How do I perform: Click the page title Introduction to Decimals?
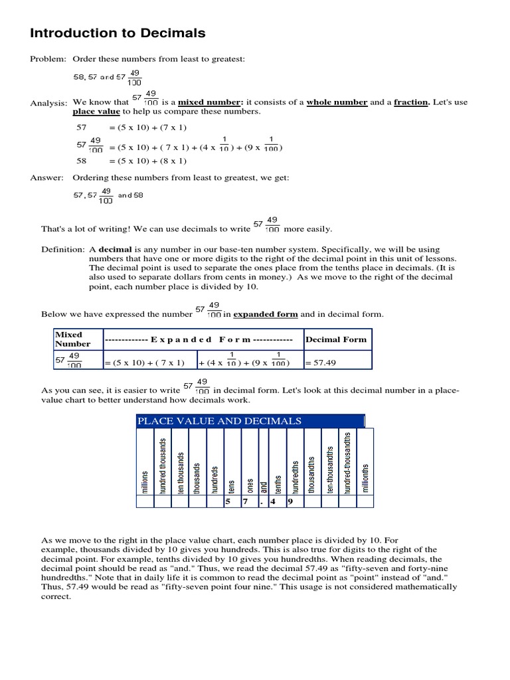tap(118, 33)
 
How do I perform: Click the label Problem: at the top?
tap(48, 60)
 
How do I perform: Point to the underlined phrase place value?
tap(94, 112)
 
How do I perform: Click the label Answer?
tap(46, 177)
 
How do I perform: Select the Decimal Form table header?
tap(336, 339)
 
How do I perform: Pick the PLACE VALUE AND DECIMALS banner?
tap(219, 421)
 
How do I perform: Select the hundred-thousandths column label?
tap(347, 462)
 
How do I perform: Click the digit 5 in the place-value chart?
tap(227, 501)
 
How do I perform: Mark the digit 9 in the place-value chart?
tap(290, 501)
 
